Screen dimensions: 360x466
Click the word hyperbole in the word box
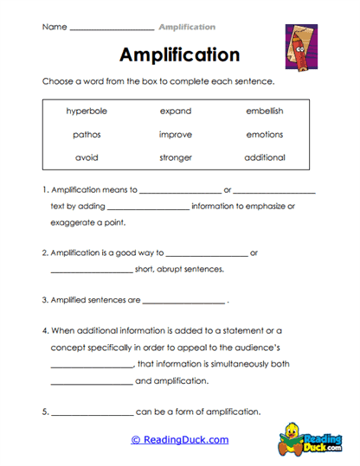[85, 112]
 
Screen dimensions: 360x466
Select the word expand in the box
[176, 112]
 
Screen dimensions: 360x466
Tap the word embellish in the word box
[264, 112]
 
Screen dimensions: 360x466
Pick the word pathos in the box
[85, 135]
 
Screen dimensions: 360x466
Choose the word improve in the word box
[176, 135]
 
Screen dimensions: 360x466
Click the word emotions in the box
[264, 135]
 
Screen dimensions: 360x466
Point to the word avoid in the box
[85, 158]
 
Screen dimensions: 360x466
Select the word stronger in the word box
[176, 158]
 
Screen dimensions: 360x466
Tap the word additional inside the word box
[264, 158]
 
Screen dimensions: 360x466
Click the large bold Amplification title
[179, 55]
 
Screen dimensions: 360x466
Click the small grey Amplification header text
[187, 27]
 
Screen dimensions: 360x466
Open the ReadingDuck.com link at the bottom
[179, 440]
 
